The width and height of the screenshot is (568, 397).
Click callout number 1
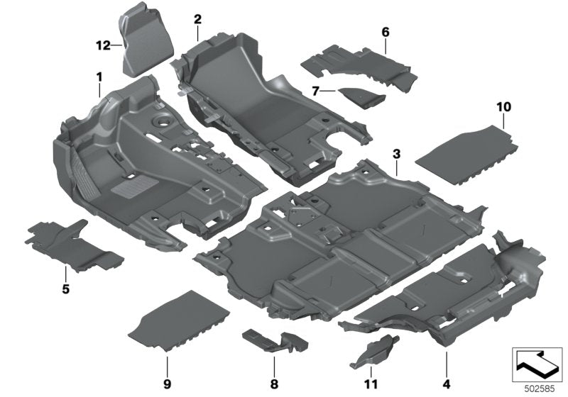(x=99, y=76)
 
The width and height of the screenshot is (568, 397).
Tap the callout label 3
(x=396, y=154)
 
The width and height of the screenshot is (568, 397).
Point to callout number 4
(x=446, y=366)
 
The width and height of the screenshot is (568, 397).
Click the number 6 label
(x=386, y=32)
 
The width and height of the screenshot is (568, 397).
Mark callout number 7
(x=315, y=91)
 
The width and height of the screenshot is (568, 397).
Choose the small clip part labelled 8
(x=273, y=340)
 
